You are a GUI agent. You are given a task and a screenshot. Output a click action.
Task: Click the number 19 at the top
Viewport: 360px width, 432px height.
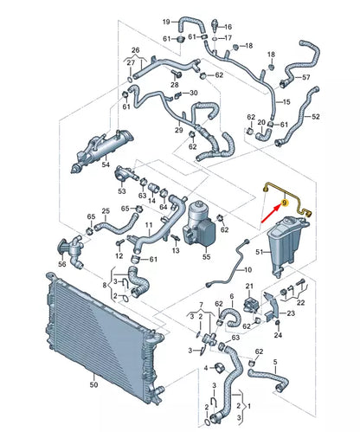click(166, 21)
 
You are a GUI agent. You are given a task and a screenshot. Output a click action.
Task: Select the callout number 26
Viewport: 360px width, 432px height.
click(134, 51)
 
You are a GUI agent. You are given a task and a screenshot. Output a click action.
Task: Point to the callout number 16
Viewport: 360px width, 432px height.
click(228, 27)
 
